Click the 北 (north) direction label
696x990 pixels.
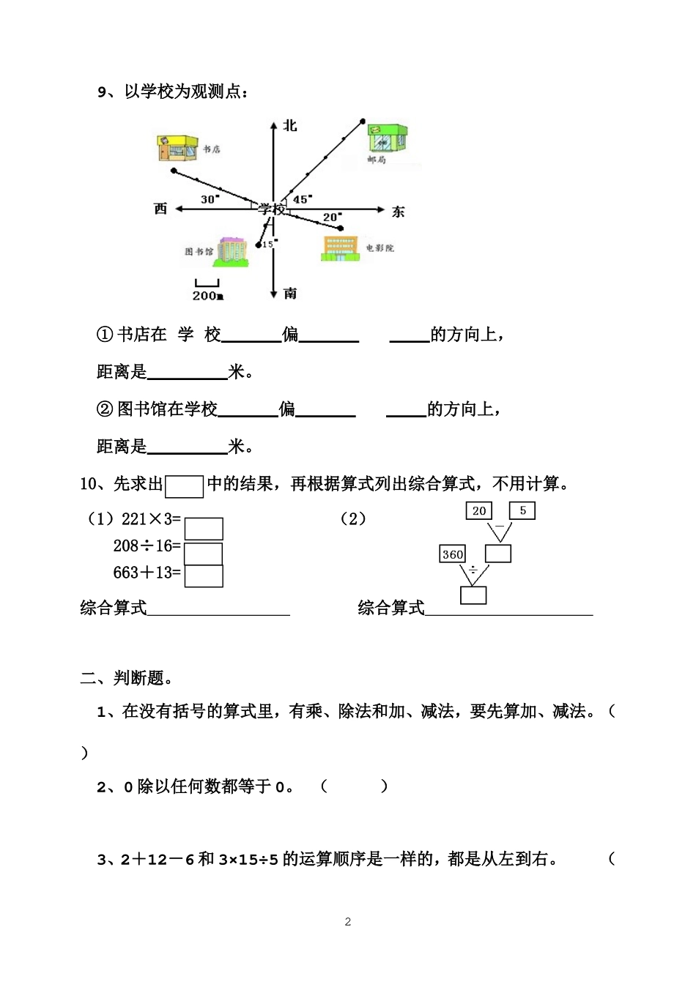pos(290,126)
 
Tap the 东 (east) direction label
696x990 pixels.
pos(398,212)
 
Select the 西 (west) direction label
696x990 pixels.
pos(161,209)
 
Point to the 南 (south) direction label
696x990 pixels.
pos(290,293)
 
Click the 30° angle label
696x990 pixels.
pos(210,199)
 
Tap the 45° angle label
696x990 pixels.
pos(302,199)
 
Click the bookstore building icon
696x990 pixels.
pos(177,148)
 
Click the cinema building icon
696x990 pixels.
pos(339,248)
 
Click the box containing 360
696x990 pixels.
pos(453,554)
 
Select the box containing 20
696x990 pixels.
pos(479,510)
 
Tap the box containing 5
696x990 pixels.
pos(522,510)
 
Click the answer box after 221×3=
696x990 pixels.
pos(204,529)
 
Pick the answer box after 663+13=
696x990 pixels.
pos(204,576)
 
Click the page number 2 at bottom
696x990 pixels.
pos(348,922)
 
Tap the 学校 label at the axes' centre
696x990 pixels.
pos(271,209)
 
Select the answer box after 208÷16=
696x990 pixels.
pos(204,553)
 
